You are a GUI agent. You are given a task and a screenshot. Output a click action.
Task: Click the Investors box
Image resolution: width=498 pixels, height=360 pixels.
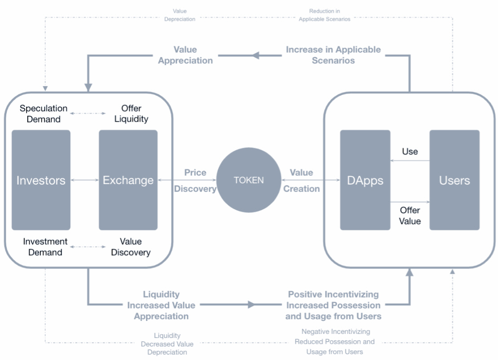41,180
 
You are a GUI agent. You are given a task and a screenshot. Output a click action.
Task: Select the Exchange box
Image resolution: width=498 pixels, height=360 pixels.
128,180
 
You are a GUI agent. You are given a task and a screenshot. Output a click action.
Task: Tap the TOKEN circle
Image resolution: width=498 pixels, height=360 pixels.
249,180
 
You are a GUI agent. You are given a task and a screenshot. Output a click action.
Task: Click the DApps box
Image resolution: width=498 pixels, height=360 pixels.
365,180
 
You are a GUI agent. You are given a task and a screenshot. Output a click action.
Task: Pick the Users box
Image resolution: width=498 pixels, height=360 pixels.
454,180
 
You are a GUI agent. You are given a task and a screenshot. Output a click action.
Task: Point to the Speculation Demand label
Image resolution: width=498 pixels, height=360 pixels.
44,114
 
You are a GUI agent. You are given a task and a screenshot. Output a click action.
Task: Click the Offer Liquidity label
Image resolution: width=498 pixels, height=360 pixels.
131,114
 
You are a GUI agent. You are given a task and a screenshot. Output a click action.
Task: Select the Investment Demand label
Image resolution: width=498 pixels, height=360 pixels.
45,247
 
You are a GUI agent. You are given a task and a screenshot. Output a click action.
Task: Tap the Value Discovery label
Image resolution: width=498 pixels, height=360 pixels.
131,247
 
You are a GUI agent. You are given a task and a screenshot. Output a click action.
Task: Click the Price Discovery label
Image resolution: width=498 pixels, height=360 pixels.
195,180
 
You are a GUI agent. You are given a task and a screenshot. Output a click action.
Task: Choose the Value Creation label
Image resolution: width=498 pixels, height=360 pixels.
301,180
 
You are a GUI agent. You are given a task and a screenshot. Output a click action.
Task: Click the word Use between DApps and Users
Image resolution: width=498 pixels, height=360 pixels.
410,152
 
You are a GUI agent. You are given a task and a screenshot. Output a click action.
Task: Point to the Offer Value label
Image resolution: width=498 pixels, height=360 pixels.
410,215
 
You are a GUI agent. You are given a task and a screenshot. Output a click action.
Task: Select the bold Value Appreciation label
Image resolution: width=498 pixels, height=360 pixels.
185,55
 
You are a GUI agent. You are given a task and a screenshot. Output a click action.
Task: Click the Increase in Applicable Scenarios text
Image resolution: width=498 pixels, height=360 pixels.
333,55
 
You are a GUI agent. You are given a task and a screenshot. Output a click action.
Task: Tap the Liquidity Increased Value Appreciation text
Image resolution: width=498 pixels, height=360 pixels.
161,305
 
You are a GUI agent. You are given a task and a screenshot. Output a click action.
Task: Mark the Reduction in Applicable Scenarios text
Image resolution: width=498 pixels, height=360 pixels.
324,15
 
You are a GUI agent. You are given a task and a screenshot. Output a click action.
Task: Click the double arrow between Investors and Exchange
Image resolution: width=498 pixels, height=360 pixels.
84,180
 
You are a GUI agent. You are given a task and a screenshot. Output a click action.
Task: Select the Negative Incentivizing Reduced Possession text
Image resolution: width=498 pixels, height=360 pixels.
335,342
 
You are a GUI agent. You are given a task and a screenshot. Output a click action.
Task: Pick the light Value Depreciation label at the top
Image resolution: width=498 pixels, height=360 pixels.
180,15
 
